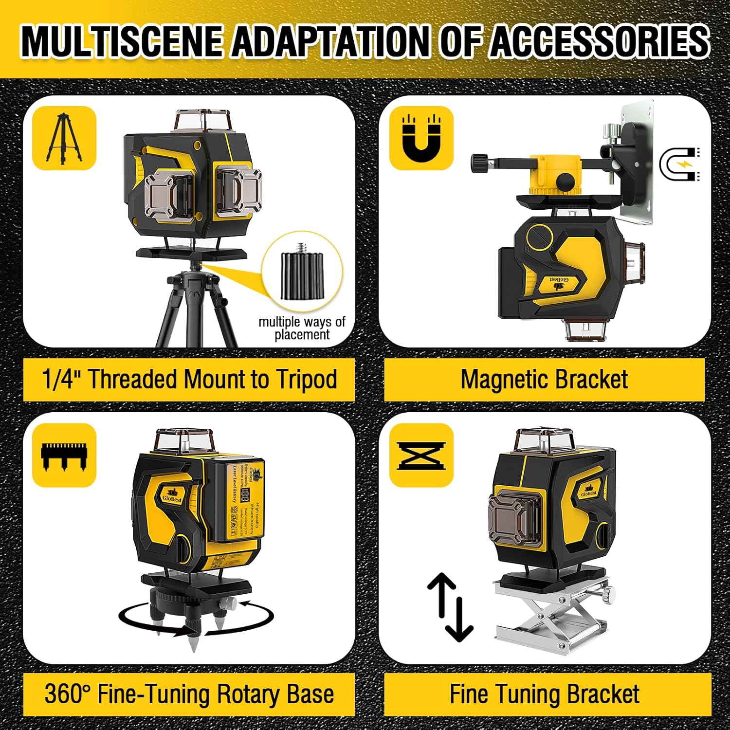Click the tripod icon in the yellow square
click(x=64, y=138)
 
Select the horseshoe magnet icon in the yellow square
click(x=421, y=138)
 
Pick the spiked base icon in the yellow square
click(x=64, y=455)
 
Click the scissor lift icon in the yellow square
click(x=421, y=455)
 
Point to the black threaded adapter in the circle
click(x=302, y=276)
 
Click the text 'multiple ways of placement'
click(x=302, y=328)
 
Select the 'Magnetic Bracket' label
click(x=544, y=380)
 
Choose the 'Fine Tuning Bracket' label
click(x=544, y=694)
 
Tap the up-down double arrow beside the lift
click(x=450, y=606)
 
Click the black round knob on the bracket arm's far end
click(x=479, y=163)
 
